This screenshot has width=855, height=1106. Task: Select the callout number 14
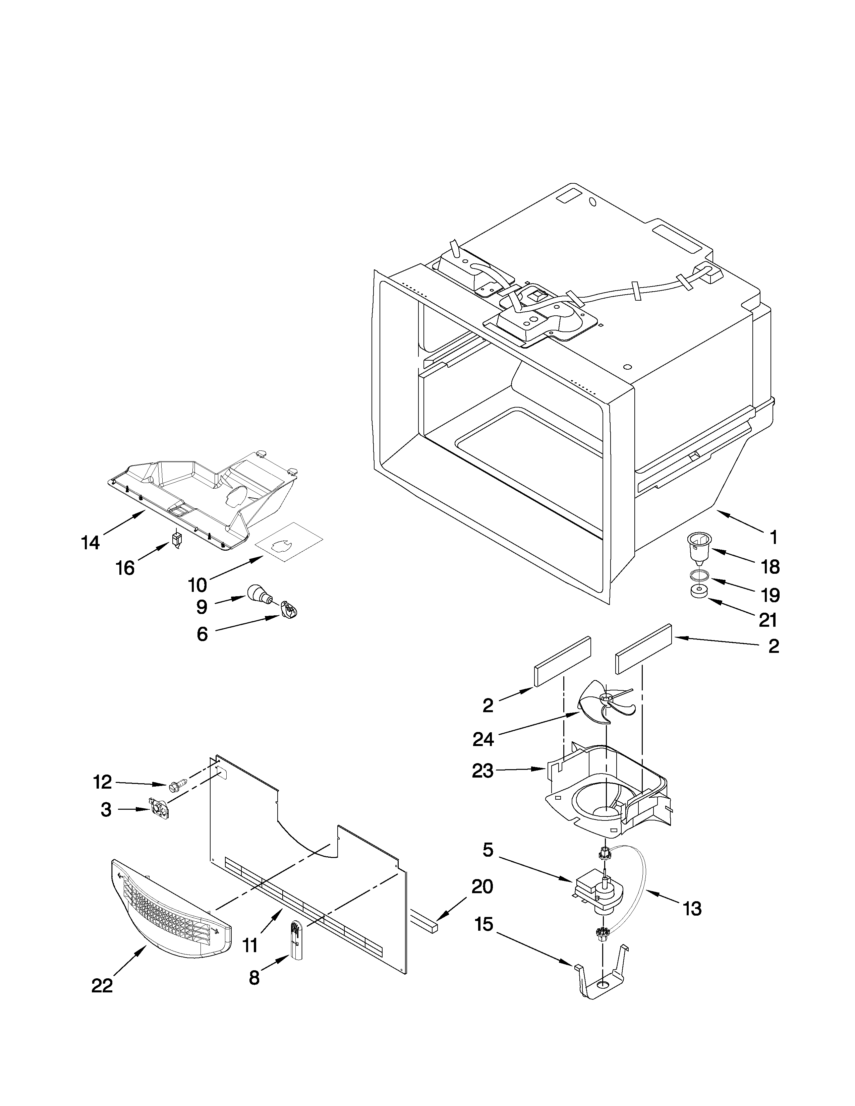pyautogui.click(x=90, y=543)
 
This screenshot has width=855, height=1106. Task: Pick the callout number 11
pyautogui.click(x=250, y=945)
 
